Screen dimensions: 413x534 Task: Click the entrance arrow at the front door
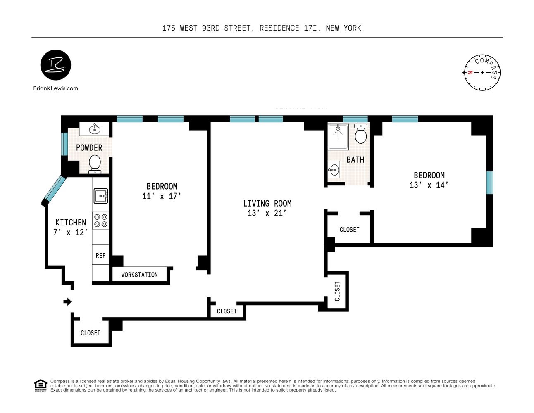pyautogui.click(x=67, y=302)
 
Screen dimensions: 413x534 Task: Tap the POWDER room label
pyautogui.click(x=89, y=147)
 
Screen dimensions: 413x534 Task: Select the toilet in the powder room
pyautogui.click(x=95, y=164)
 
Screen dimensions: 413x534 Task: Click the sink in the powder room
pyautogui.click(x=95, y=128)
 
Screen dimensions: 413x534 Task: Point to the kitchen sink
pyautogui.click(x=100, y=196)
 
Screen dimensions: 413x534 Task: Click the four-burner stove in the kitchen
pyautogui.click(x=100, y=221)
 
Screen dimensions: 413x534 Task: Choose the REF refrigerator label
pyautogui.click(x=100, y=256)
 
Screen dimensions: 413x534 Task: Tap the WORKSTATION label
pyautogui.click(x=139, y=275)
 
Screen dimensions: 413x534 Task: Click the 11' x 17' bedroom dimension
pyautogui.click(x=162, y=196)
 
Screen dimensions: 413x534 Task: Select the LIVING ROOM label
pyautogui.click(x=267, y=203)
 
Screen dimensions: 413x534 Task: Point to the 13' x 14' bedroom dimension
pyautogui.click(x=429, y=185)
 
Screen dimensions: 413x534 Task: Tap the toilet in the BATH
pyautogui.click(x=361, y=134)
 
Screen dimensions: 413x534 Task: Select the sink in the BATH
pyautogui.click(x=334, y=169)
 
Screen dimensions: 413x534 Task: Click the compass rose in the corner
pyautogui.click(x=482, y=73)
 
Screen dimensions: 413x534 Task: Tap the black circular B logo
pyautogui.click(x=56, y=65)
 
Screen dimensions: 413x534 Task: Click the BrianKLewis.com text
pyautogui.click(x=55, y=88)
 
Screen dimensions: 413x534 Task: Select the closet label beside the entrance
pyautogui.click(x=90, y=333)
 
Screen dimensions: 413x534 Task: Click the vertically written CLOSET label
pyautogui.click(x=337, y=291)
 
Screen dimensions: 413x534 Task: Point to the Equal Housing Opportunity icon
pyautogui.click(x=40, y=385)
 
